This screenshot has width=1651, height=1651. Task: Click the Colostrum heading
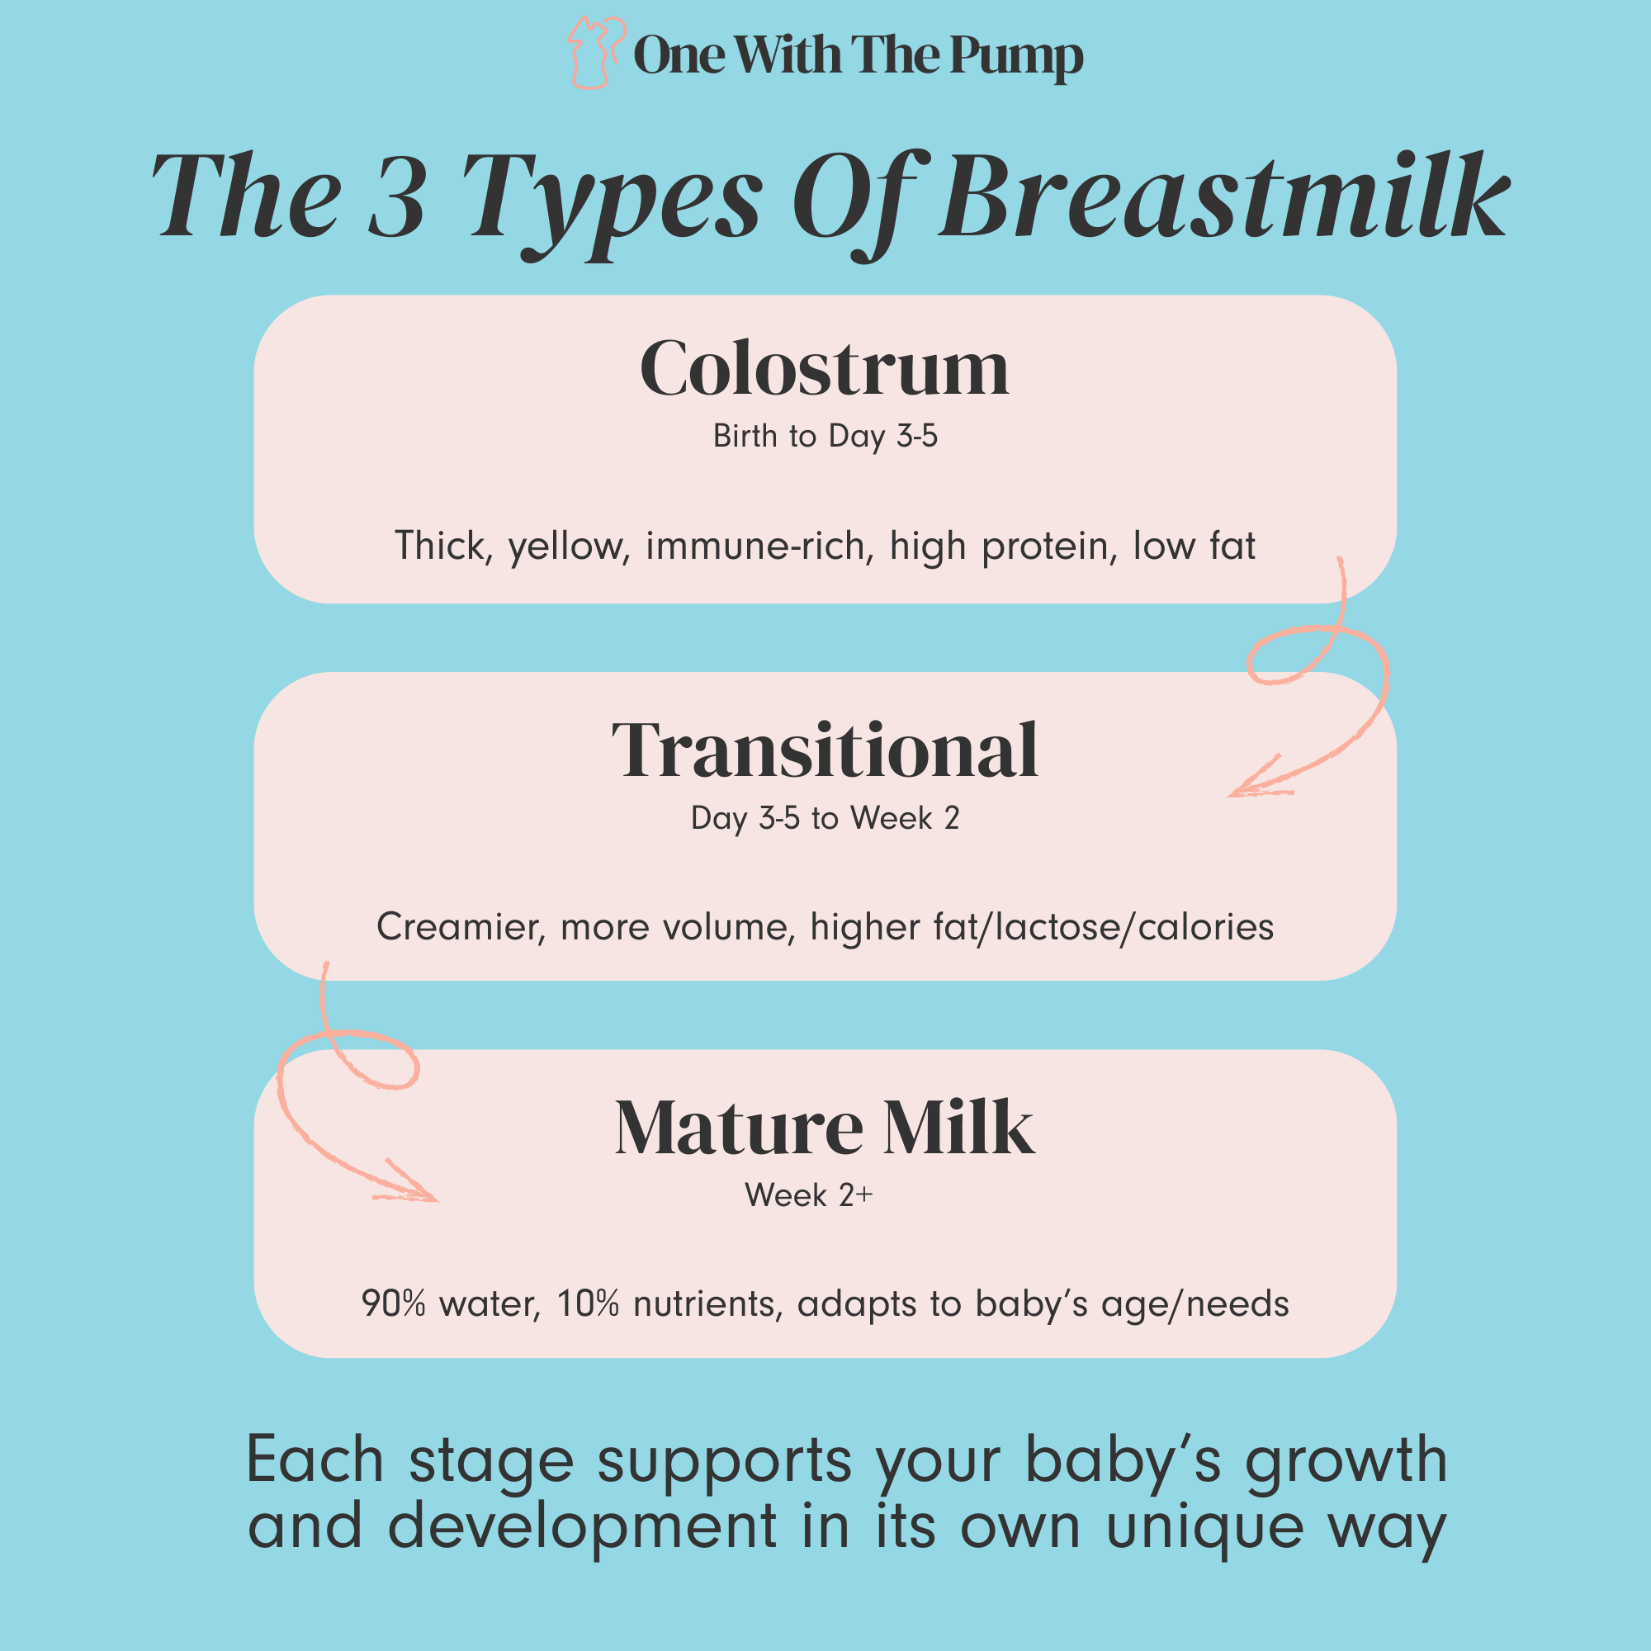(x=825, y=369)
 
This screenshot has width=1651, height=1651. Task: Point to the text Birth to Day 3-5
(x=825, y=437)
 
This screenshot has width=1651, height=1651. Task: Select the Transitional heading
(x=825, y=750)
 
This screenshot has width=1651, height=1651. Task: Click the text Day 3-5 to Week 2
(x=825, y=819)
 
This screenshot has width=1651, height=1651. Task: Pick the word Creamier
(x=460, y=927)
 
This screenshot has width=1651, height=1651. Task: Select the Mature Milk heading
(x=825, y=1128)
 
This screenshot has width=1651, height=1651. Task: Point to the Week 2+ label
(x=808, y=1195)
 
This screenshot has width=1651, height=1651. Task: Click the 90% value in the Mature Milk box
(x=393, y=1304)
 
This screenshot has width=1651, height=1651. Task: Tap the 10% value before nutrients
(x=588, y=1304)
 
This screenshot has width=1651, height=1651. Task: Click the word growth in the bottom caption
(x=1346, y=1460)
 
